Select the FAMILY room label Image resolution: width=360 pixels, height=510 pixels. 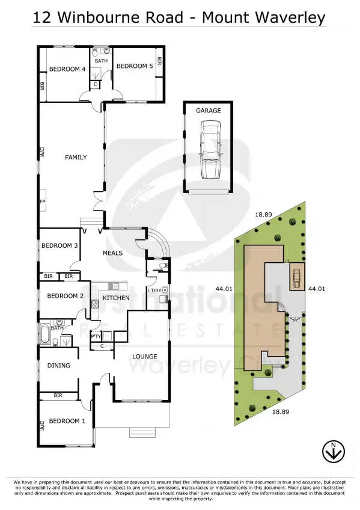[x=76, y=158]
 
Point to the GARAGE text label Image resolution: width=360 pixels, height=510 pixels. [x=208, y=111]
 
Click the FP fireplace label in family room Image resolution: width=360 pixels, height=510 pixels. [x=42, y=201]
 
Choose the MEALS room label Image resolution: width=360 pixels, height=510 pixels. [x=112, y=253]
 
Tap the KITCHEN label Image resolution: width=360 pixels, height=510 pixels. [x=116, y=298]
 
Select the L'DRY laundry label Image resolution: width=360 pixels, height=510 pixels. [x=154, y=291]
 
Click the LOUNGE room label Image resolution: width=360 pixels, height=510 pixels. [x=144, y=357]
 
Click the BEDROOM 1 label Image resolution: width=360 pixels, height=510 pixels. [x=67, y=421]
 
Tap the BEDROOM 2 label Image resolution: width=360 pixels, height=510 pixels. [x=65, y=296]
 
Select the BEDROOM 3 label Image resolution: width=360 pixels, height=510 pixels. [x=59, y=245]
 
